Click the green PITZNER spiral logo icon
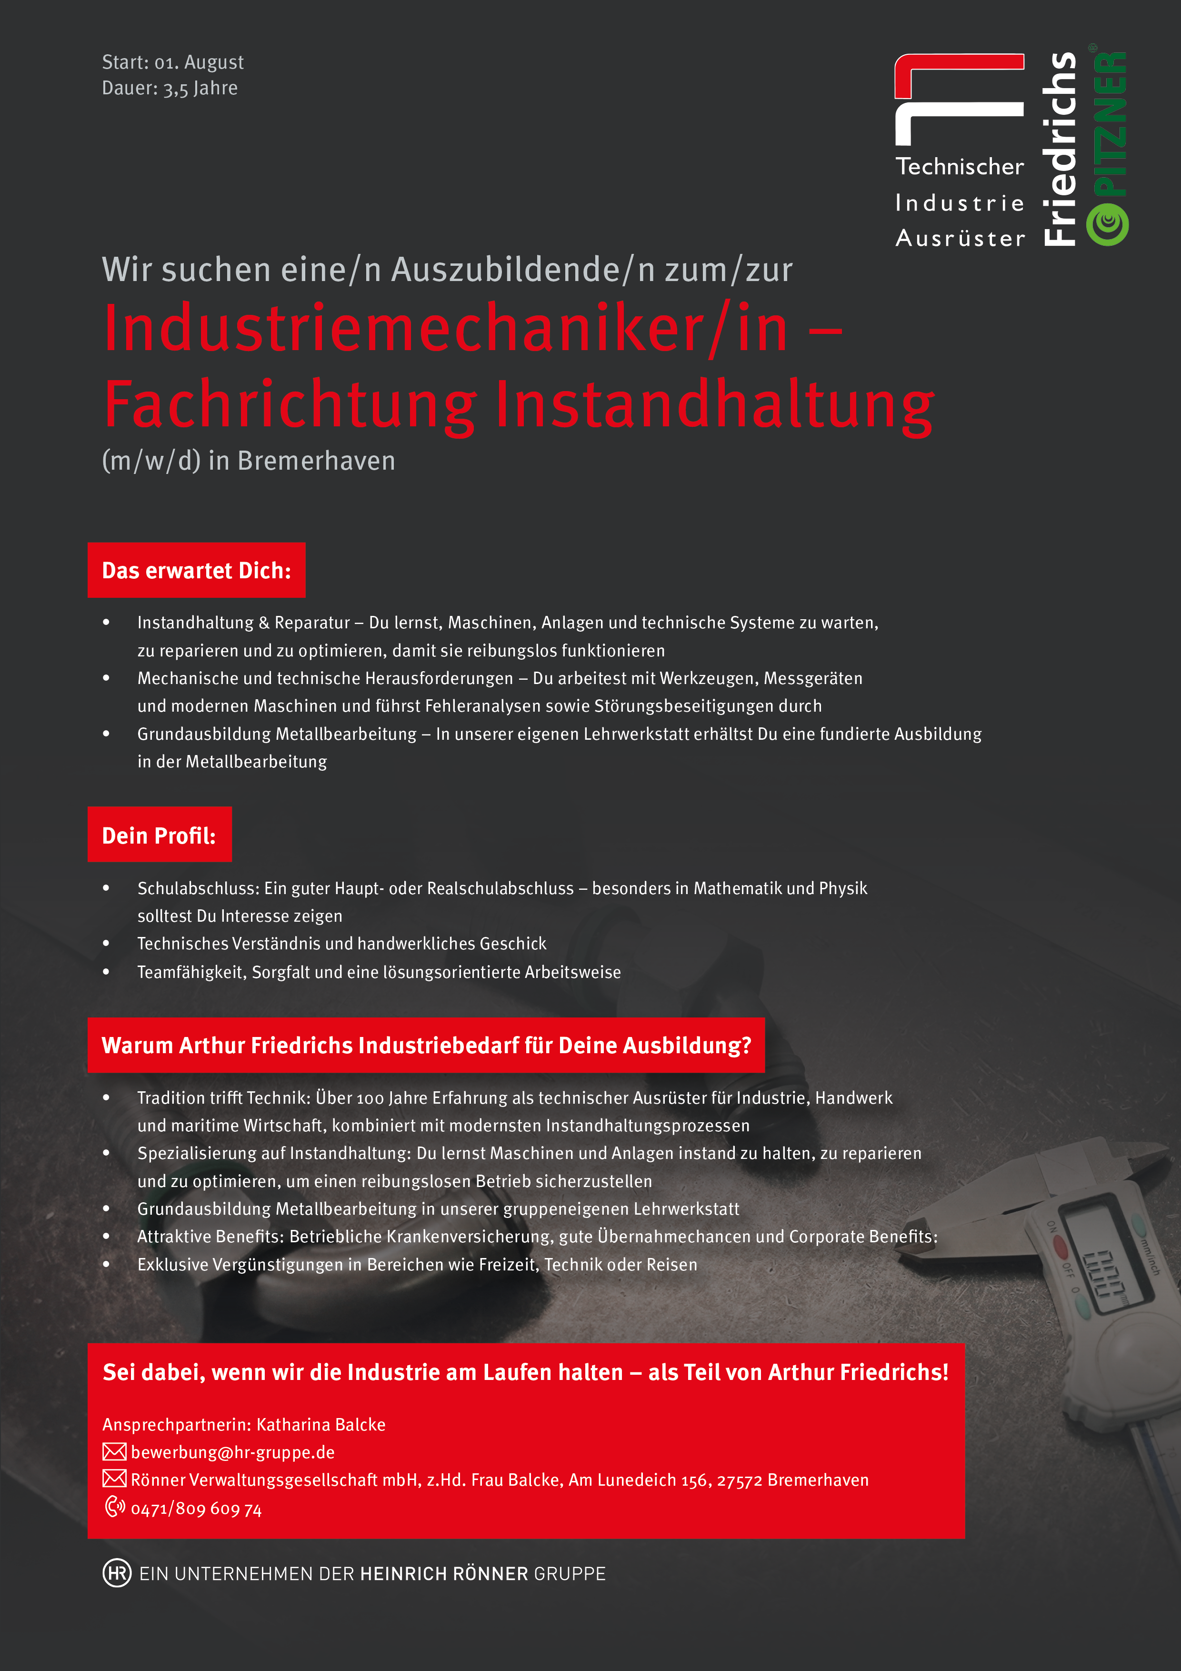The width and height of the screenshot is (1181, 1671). (x=1107, y=225)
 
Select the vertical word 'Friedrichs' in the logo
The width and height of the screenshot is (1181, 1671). (x=1060, y=149)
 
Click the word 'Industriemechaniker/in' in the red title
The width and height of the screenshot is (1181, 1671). (x=445, y=329)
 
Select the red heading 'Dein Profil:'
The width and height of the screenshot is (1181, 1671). (x=160, y=835)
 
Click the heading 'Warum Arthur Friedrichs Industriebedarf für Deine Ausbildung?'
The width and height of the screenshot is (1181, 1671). (x=426, y=1045)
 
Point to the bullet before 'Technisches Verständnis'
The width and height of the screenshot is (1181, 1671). (x=106, y=943)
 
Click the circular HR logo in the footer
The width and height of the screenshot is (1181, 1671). (x=116, y=1573)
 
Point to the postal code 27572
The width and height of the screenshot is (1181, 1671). (x=739, y=1480)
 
